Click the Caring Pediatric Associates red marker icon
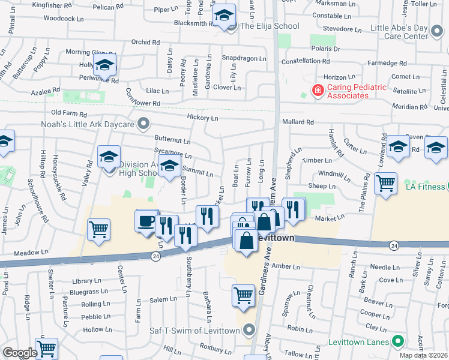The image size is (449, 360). (317, 90)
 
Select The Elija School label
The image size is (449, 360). (270, 26)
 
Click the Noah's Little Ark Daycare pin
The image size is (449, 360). (143, 124)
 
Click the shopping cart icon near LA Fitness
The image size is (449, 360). (385, 183)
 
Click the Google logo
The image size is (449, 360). (20, 353)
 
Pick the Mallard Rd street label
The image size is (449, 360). (298, 122)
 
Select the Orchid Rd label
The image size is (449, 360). (145, 43)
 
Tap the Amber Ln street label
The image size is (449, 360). (285, 266)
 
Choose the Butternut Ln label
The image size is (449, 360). (172, 142)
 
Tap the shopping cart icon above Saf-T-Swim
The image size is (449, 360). (243, 295)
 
